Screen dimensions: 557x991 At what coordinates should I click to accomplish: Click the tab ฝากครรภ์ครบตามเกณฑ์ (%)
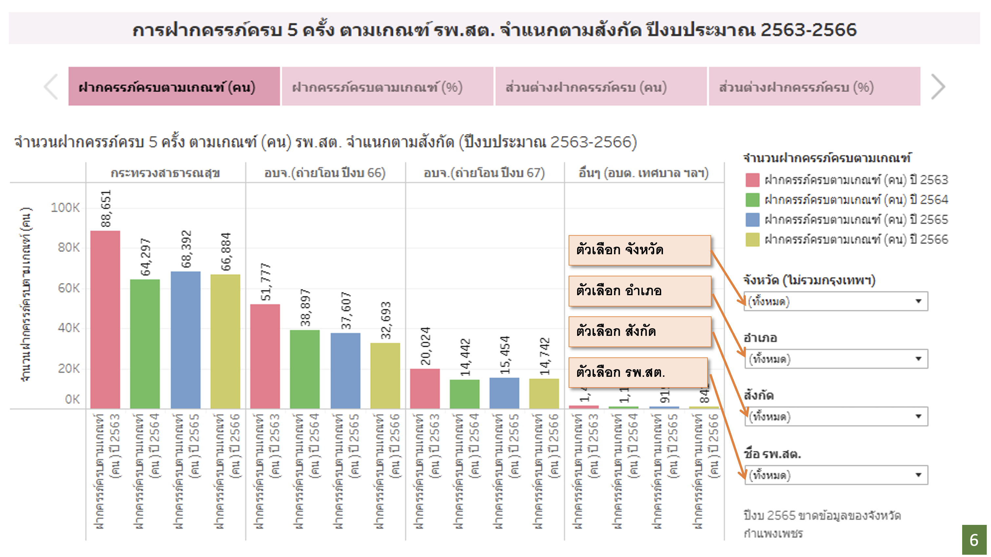click(387, 87)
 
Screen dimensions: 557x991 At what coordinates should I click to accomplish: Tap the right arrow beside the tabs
click(938, 87)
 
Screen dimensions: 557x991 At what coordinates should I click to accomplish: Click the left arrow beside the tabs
click(51, 87)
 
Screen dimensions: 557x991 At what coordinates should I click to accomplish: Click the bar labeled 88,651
click(105, 319)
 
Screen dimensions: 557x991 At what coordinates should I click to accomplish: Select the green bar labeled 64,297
click(145, 343)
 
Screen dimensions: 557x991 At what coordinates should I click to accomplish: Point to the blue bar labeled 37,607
click(345, 371)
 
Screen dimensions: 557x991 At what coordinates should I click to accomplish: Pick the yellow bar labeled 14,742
click(544, 393)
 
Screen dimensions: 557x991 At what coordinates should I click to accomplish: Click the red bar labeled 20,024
click(425, 388)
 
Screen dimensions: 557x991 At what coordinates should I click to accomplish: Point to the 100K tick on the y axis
click(66, 208)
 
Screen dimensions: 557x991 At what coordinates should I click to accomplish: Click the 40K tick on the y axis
click(69, 328)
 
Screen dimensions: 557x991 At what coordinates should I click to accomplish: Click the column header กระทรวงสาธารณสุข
click(165, 173)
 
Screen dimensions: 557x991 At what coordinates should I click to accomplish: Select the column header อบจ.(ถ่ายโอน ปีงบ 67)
click(484, 173)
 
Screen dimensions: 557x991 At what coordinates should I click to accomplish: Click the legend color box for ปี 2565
click(752, 220)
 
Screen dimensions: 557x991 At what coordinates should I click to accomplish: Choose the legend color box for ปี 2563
click(752, 180)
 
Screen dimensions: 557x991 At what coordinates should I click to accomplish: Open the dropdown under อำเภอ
click(836, 359)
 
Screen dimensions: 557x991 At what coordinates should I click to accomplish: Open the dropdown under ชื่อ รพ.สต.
click(836, 475)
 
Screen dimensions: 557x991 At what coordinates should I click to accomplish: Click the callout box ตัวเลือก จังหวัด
click(639, 250)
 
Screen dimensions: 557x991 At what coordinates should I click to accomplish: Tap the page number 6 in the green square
click(974, 540)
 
